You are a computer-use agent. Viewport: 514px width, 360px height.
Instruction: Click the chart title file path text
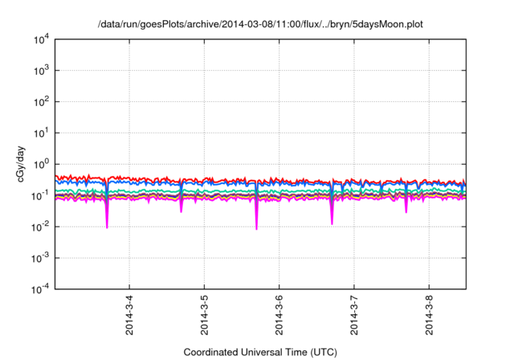tap(259, 25)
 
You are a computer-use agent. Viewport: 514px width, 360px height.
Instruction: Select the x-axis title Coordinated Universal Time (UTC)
tap(259, 352)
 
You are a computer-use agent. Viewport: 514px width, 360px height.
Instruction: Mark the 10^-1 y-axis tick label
tap(40, 195)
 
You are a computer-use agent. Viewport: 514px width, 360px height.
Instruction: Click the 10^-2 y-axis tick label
tap(40, 227)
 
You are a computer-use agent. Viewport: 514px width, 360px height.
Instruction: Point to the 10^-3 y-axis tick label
tap(40, 258)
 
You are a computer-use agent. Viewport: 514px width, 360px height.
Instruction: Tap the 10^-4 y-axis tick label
tap(40, 288)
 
